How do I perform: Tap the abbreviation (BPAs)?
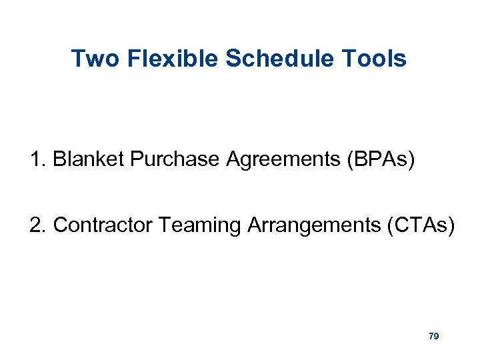point(380,160)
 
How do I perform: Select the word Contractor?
point(103,225)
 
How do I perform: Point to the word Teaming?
point(201,225)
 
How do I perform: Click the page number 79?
point(433,337)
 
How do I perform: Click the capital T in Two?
point(77,59)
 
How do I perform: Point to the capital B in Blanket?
point(59,160)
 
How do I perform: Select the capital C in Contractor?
point(59,225)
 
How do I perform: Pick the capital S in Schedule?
point(233,59)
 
